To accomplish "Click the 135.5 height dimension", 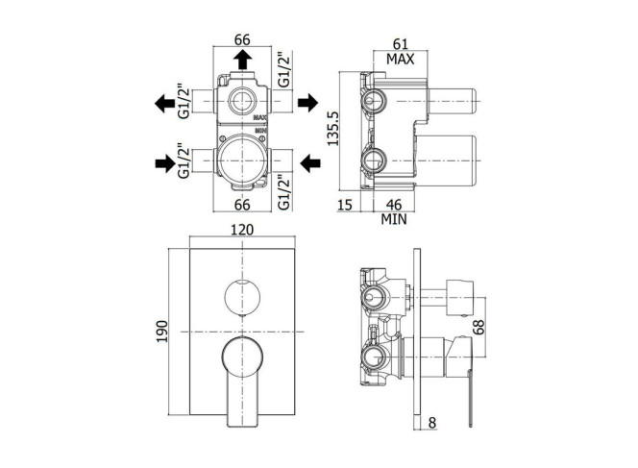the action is click(333, 128).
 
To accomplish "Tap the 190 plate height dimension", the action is click(162, 332).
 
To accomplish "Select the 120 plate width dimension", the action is click(242, 230).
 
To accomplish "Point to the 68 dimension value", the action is click(479, 327).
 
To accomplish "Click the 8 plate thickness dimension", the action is click(432, 423).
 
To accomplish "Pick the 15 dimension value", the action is click(344, 205).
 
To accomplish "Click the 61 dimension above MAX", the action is click(401, 43).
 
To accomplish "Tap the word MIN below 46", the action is click(394, 220).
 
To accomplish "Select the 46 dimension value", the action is click(394, 205).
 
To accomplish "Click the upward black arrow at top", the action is click(242, 60).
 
